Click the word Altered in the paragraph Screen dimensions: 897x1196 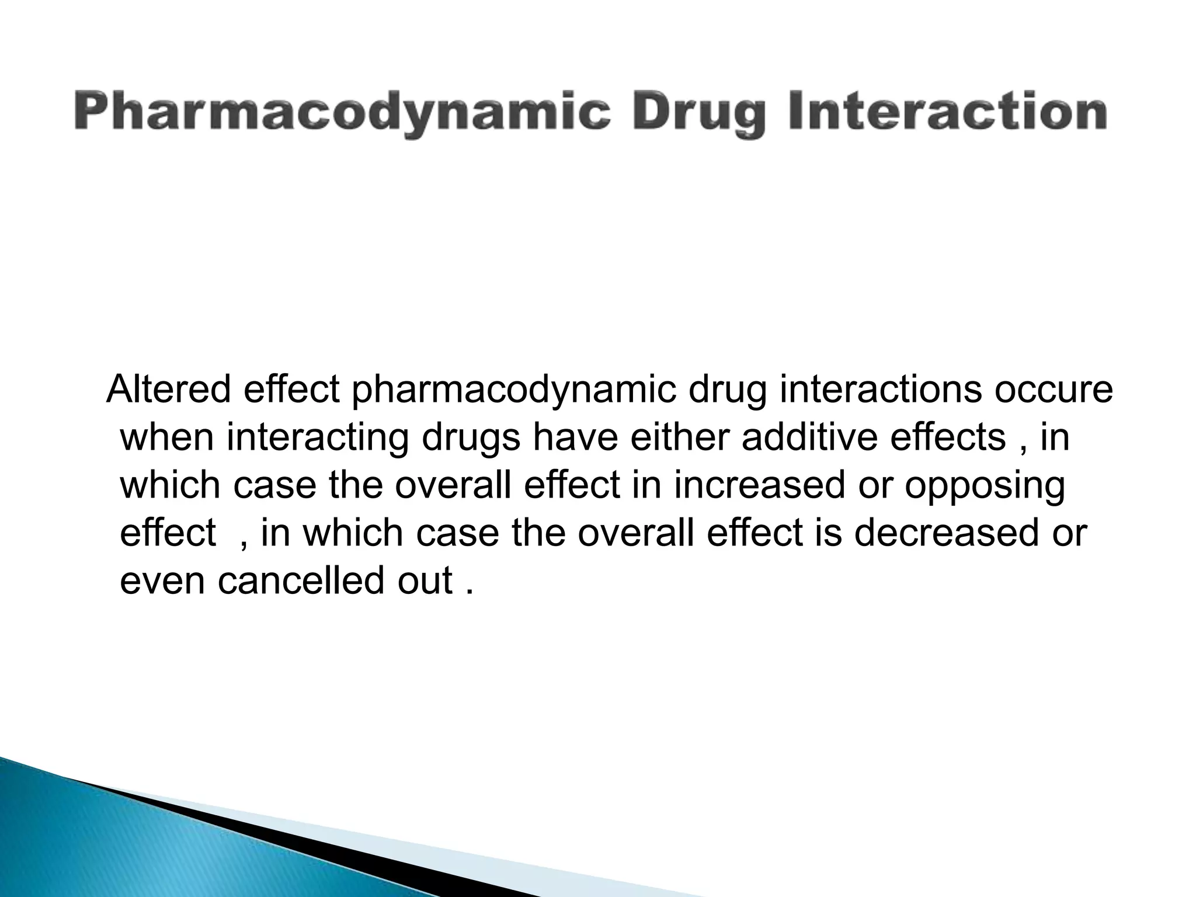(169, 390)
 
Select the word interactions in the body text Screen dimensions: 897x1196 (881, 390)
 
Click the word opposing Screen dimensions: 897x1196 (985, 486)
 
